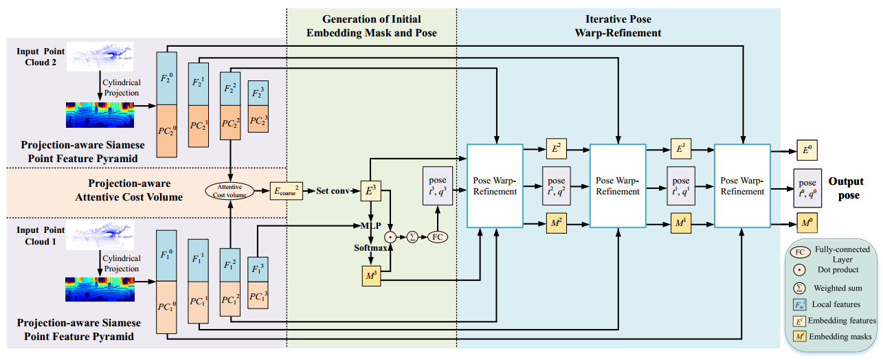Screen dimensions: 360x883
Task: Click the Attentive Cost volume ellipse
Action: point(229,191)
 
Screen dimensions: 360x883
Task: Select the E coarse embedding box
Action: point(286,190)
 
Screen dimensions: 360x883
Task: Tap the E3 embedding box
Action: point(370,190)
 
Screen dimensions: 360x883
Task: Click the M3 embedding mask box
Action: point(370,276)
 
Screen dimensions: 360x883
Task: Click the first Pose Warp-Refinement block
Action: point(495,185)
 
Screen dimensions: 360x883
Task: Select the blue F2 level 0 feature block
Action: point(167,78)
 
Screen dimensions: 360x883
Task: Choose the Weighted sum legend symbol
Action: point(802,288)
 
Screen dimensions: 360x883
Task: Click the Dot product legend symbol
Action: point(802,269)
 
